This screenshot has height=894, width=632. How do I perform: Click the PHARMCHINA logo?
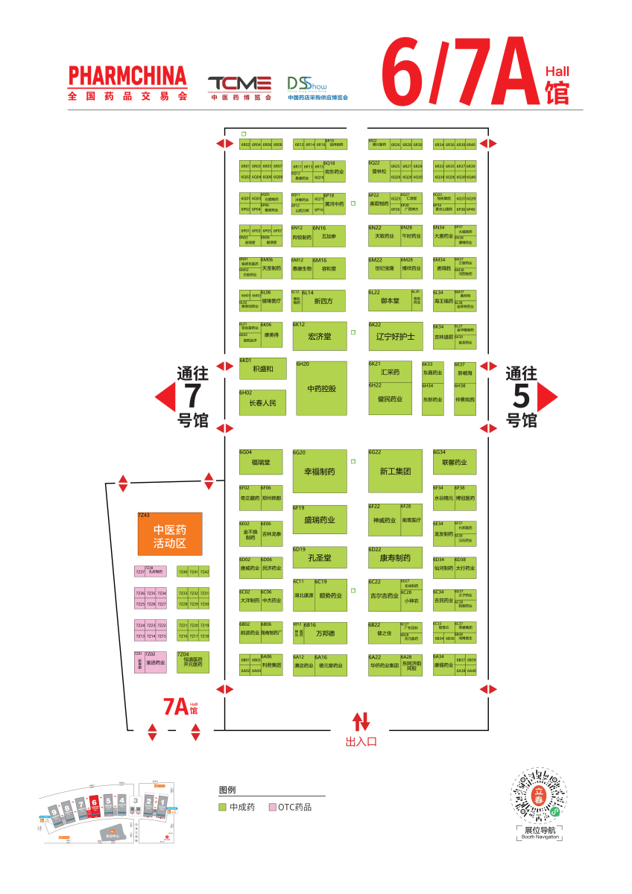coord(127,82)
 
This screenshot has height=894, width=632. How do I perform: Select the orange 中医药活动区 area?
coord(170,533)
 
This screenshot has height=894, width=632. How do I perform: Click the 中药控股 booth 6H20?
coord(321,388)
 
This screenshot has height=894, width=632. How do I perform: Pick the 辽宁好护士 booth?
coord(396,336)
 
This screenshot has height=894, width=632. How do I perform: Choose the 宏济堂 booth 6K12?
coord(320,336)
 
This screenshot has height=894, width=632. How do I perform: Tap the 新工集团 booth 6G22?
coord(396,471)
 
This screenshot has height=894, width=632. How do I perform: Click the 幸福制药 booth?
coord(320,471)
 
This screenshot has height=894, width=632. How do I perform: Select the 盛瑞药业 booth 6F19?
coord(320,519)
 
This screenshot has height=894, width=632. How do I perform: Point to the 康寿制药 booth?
coord(396,557)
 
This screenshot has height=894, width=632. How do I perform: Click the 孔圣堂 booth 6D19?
coord(320,557)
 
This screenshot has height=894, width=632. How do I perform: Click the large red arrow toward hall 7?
coord(165,397)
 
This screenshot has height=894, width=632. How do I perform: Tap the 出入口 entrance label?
coord(361,741)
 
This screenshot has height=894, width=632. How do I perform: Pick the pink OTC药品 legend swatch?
coord(273,807)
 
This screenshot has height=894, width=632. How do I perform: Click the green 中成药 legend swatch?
coord(222,807)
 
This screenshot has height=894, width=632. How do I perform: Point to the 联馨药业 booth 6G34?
coord(454,462)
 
